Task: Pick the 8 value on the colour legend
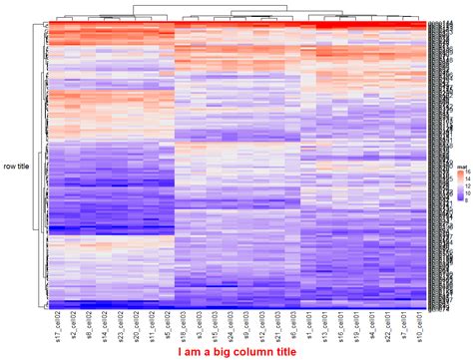point(466,197)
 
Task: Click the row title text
point(17,167)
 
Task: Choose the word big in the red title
point(221,352)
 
